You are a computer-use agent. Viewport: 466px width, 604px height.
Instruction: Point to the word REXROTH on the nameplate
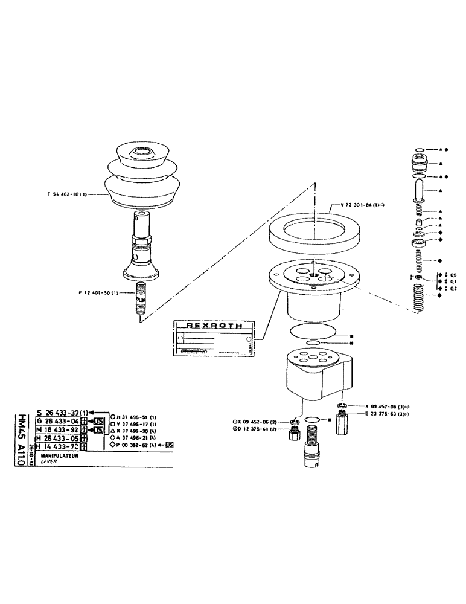[x=215, y=325]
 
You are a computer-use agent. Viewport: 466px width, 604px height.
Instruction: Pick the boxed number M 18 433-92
[x=57, y=430]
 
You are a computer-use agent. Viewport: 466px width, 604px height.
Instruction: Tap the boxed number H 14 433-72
[x=57, y=447]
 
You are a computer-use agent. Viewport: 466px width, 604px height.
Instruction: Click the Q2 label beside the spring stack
[x=454, y=289]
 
